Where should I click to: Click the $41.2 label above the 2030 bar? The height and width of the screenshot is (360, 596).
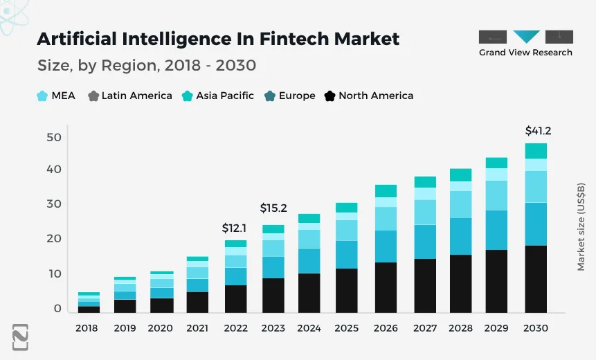click(x=538, y=130)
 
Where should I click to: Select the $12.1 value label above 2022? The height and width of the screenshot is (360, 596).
click(x=235, y=227)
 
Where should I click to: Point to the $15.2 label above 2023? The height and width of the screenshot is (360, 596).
click(x=273, y=207)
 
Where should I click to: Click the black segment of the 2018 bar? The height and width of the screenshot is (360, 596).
click(x=89, y=309)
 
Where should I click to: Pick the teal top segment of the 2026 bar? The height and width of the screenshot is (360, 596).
click(x=386, y=190)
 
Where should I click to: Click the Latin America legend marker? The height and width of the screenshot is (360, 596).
click(x=93, y=96)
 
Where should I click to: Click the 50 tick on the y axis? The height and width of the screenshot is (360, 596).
click(x=53, y=137)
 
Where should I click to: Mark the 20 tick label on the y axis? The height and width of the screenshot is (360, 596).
click(x=53, y=238)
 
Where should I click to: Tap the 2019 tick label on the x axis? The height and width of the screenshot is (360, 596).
click(x=125, y=328)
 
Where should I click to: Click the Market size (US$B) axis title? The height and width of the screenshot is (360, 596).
click(x=581, y=227)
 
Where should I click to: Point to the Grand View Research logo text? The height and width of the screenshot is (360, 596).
click(x=525, y=53)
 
